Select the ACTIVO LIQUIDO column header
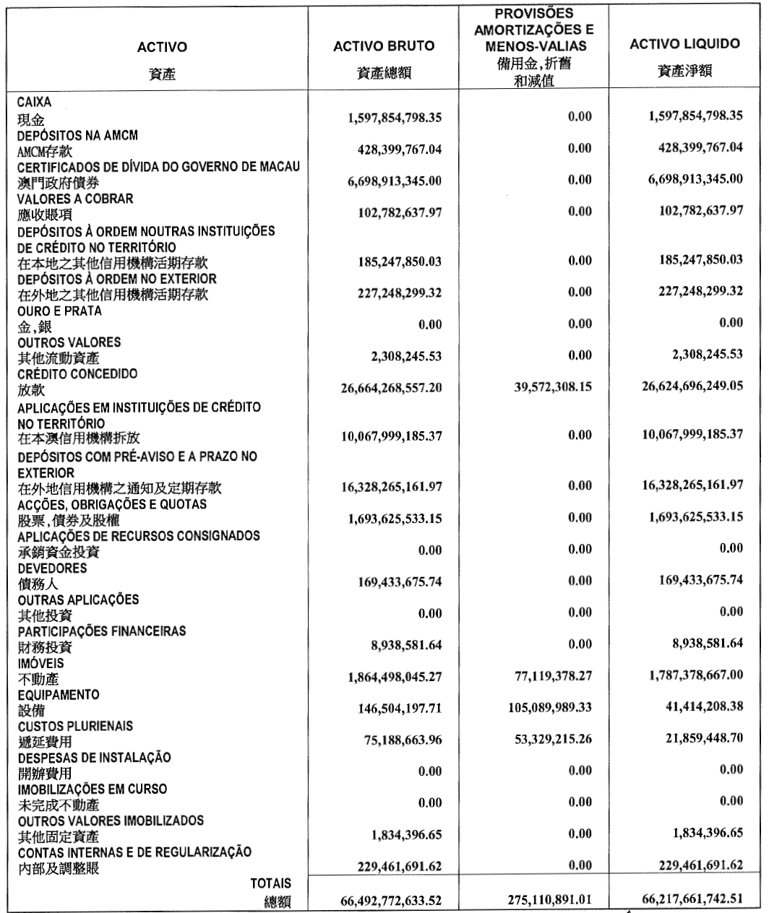point(684,44)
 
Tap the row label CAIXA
point(34,103)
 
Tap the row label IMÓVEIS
point(36,662)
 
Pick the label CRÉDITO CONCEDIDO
point(67,373)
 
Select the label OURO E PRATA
point(53,311)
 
